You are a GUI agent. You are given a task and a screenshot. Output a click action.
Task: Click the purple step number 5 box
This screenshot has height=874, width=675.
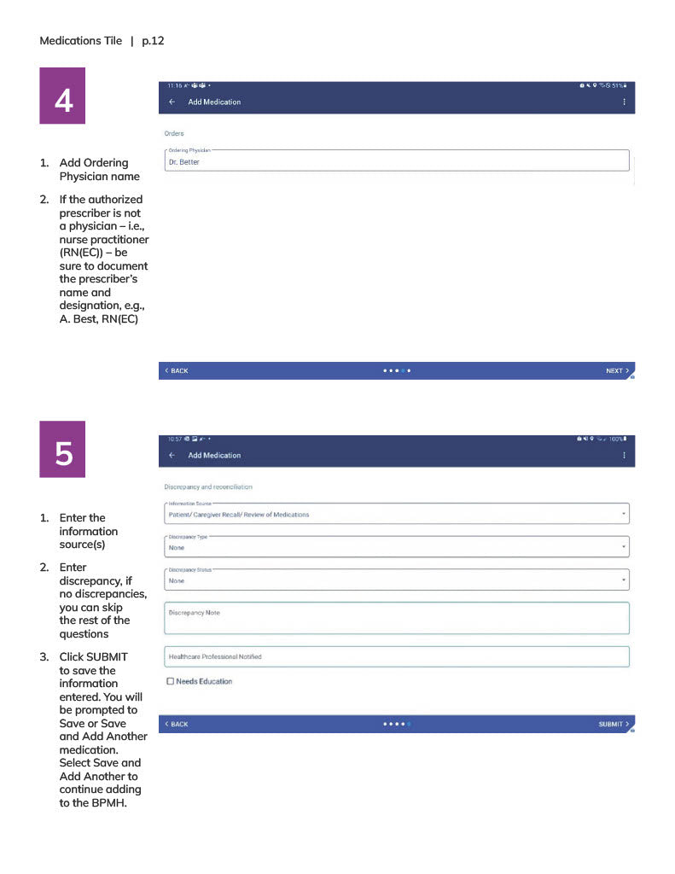[x=62, y=450]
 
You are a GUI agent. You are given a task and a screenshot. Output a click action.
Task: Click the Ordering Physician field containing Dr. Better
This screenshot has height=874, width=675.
[x=396, y=160]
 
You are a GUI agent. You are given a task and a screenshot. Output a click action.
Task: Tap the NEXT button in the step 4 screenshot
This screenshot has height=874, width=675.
[x=616, y=370]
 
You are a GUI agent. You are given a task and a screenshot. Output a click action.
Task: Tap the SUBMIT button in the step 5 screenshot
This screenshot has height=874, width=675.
[x=614, y=724]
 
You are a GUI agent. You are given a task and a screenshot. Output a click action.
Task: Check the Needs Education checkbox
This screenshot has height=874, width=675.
[x=171, y=681]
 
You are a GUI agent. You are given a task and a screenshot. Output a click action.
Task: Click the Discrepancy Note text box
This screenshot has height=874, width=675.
[x=396, y=618]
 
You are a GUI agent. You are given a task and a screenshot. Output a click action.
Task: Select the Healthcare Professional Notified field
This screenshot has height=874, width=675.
[x=396, y=656]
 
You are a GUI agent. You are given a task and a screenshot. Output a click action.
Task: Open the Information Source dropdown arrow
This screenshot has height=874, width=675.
[x=624, y=515]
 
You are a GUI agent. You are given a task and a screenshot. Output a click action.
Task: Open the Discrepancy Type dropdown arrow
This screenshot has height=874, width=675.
[x=624, y=547]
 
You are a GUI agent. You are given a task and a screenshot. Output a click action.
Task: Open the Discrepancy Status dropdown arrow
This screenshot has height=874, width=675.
[x=624, y=580]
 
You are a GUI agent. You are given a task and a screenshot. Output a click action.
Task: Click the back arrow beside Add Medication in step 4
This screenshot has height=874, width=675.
[x=172, y=102]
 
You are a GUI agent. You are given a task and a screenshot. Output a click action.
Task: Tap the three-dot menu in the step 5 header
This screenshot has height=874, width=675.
[x=624, y=455]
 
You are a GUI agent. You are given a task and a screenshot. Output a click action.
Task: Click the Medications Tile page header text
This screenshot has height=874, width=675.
[x=80, y=40]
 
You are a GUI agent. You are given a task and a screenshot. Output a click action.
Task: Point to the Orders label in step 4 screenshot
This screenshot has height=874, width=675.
[x=173, y=133]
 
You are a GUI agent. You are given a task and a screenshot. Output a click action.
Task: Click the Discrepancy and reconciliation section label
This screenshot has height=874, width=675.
[x=207, y=487]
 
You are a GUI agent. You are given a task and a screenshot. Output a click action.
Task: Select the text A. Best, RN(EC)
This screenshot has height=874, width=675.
[x=98, y=319]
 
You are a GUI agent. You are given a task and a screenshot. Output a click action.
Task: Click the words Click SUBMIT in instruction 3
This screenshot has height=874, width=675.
[x=94, y=656]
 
